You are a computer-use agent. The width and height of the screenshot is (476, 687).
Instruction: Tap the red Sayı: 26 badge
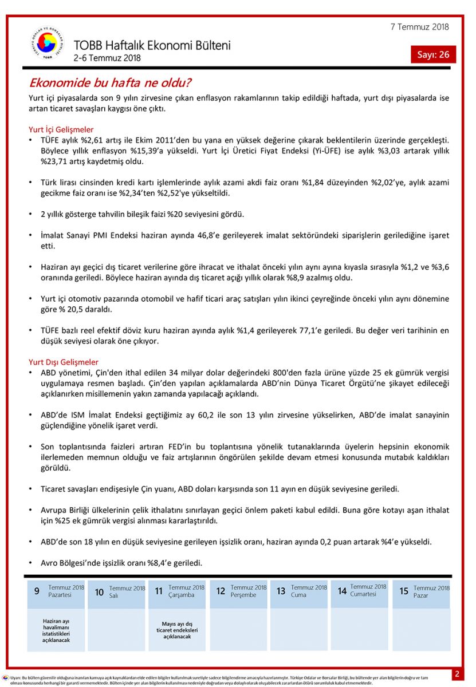(x=433, y=54)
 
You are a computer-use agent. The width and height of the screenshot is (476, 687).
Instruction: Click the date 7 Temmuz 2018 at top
(x=420, y=27)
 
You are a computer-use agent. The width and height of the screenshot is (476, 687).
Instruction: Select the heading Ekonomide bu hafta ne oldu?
(x=110, y=83)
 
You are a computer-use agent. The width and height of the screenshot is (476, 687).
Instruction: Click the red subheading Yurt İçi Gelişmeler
(x=61, y=129)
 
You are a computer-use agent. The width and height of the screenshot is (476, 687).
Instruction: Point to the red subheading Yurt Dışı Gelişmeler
(x=64, y=362)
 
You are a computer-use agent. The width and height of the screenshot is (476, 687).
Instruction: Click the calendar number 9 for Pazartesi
(x=37, y=591)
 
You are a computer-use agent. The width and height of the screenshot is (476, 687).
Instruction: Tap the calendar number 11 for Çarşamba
(x=159, y=591)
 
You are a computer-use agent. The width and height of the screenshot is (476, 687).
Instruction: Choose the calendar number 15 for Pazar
(x=404, y=591)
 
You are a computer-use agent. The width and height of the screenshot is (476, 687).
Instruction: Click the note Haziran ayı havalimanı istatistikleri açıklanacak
(x=56, y=630)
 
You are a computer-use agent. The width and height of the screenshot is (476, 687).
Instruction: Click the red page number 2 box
(x=457, y=674)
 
